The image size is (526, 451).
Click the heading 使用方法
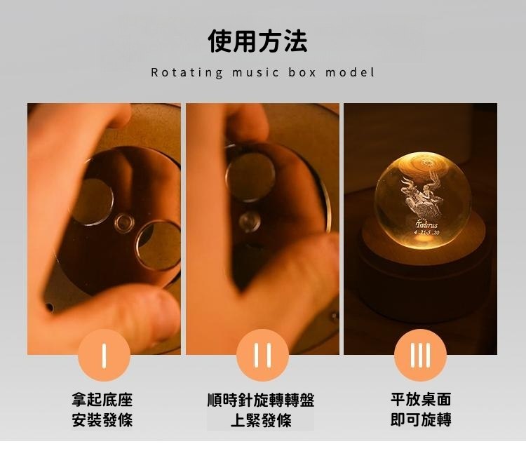(x=257, y=41)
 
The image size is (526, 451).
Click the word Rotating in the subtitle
(x=187, y=72)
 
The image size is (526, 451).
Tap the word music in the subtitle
(x=255, y=72)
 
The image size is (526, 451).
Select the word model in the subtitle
(x=350, y=72)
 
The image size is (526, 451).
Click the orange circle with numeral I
(x=104, y=355)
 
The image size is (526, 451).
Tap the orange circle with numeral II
(x=262, y=355)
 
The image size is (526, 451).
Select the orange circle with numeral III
(x=420, y=355)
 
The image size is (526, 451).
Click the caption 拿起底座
(x=102, y=399)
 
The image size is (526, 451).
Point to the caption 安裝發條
(x=102, y=420)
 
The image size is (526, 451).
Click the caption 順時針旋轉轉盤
(x=261, y=399)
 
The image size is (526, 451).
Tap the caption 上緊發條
(x=261, y=420)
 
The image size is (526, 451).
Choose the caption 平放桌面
(x=421, y=399)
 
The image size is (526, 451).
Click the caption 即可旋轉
(x=421, y=419)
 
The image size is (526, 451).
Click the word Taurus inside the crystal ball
(x=426, y=224)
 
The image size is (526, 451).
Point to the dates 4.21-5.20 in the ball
(x=426, y=233)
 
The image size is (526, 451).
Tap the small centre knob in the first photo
(x=124, y=222)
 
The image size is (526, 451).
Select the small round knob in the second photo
(x=250, y=222)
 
